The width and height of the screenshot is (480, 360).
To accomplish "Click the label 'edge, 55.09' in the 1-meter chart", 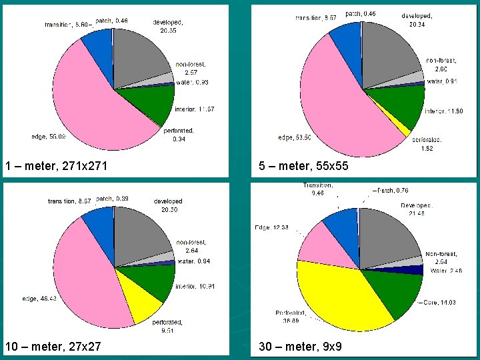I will [47, 137].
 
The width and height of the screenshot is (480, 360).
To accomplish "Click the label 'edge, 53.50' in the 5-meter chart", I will [294, 138].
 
